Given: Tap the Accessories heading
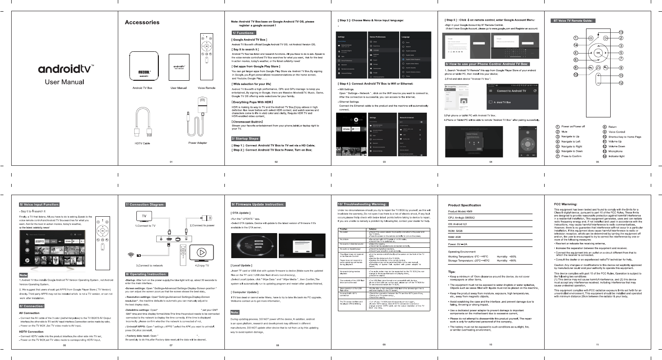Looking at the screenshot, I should (x=142, y=22).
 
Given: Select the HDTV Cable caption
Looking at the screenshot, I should (x=142, y=143).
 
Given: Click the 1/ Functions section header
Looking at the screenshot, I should (x=243, y=33).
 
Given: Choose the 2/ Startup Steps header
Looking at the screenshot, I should (x=246, y=139).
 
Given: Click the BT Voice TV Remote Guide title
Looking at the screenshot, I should (x=574, y=21).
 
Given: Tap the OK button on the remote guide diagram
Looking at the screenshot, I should (x=598, y=53).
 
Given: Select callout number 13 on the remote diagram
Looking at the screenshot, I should (x=621, y=32).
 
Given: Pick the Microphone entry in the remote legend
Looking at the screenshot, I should (x=616, y=152).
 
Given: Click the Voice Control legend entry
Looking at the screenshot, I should (x=617, y=132).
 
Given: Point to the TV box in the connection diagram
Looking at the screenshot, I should (x=171, y=239).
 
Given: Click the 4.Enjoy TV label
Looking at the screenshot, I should (x=202, y=265).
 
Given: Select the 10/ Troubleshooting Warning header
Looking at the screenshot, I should (x=362, y=204).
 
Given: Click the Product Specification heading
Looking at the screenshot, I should (x=464, y=205).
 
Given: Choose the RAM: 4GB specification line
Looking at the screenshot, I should (x=454, y=237).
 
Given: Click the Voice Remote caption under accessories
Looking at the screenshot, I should (x=206, y=88).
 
